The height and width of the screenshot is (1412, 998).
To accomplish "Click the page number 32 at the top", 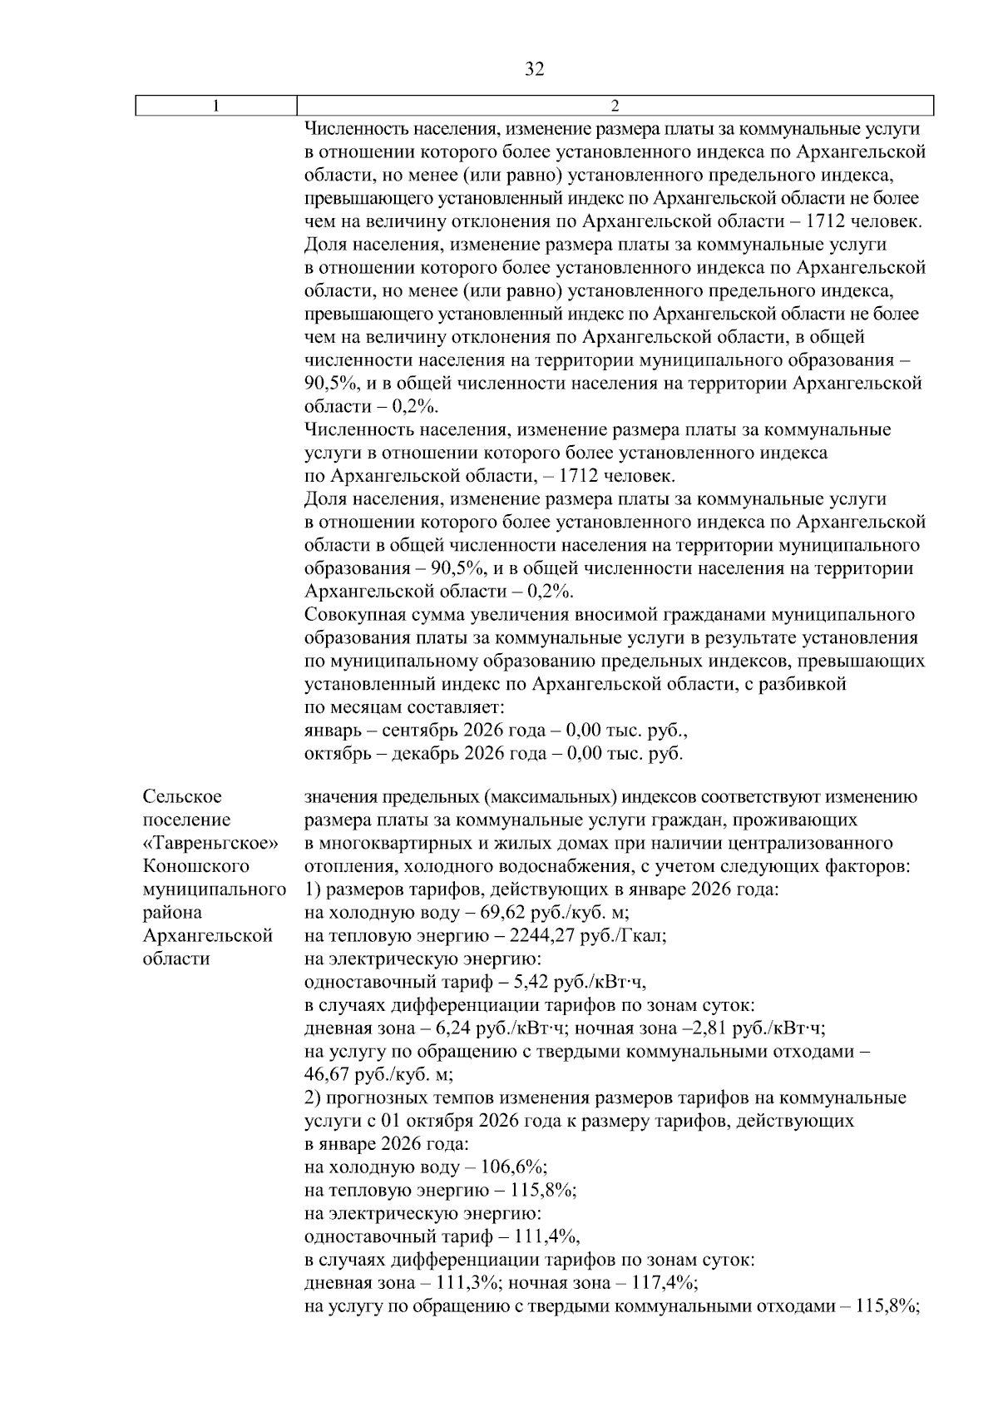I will click(x=535, y=70).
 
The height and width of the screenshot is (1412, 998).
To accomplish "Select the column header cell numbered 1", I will click(x=217, y=106).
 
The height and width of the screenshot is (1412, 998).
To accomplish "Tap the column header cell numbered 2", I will click(x=615, y=106).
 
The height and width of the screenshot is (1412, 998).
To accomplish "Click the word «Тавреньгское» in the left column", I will click(x=210, y=843).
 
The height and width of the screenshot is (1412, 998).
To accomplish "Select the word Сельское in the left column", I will click(x=182, y=797).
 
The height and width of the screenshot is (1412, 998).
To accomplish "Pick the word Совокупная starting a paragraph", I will click(x=355, y=615).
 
